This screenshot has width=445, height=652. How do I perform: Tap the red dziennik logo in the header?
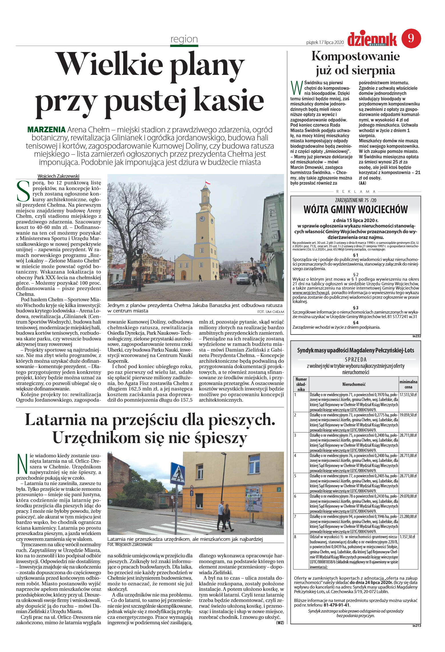(372, 39)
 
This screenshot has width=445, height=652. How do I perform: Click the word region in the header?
(184, 39)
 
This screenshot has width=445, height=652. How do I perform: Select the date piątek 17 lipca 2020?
(325, 42)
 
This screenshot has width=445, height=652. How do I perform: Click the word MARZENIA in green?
(46, 129)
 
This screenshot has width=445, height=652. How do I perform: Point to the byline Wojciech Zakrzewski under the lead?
(58, 176)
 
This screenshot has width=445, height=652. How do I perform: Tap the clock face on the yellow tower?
(202, 219)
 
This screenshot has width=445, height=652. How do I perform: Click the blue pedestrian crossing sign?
(177, 473)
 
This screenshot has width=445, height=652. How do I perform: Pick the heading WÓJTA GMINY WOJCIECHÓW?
(355, 210)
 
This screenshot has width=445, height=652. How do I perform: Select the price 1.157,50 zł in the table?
(407, 537)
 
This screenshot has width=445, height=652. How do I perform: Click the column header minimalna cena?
(408, 384)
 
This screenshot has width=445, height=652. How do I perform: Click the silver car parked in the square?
(243, 279)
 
